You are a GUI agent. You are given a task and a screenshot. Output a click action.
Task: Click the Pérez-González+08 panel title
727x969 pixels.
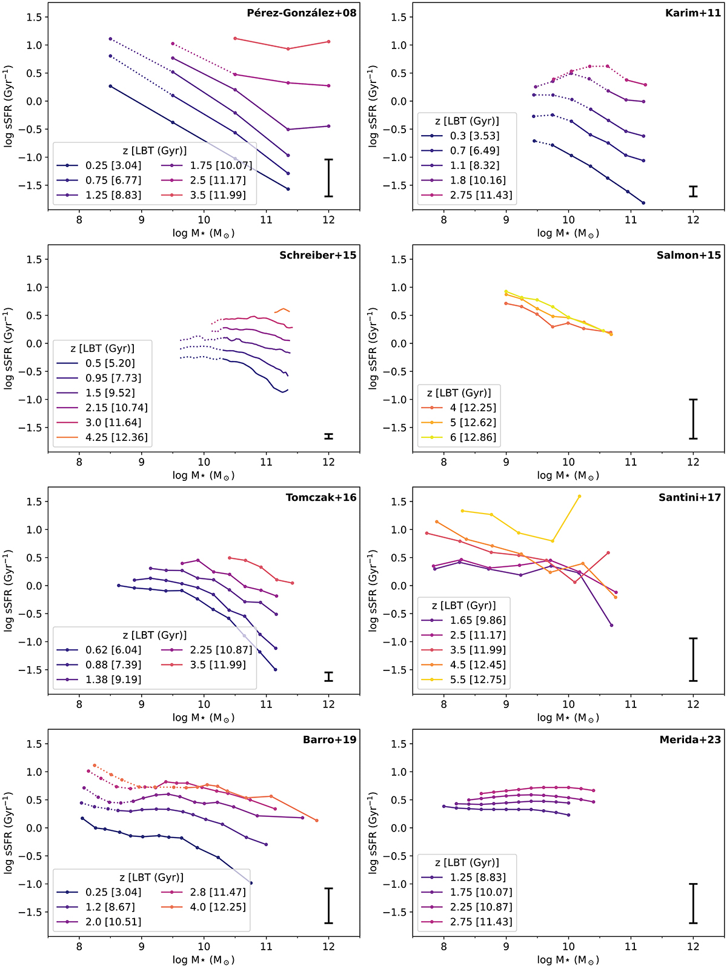301,13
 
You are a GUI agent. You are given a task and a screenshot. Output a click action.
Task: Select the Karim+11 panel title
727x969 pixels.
692,13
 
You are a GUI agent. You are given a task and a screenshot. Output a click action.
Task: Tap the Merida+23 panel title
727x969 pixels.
690,739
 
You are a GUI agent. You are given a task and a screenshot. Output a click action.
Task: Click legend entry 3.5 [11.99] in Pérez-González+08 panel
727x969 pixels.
221,195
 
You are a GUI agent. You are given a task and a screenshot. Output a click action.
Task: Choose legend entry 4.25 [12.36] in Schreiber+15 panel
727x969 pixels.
116,437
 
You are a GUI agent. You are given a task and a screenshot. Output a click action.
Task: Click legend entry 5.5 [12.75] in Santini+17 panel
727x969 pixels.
477,680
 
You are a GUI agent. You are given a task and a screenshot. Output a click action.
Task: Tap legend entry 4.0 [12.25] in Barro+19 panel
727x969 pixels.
221,907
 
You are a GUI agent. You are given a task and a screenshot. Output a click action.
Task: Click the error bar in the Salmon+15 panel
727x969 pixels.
693,418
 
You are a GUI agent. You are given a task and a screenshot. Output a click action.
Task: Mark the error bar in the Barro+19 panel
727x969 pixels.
328,905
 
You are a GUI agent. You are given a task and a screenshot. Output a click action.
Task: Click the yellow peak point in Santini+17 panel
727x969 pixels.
579,496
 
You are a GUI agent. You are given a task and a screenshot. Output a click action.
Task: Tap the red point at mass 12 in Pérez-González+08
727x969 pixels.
328,41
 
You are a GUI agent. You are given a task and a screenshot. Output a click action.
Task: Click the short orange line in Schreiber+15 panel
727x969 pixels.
282,310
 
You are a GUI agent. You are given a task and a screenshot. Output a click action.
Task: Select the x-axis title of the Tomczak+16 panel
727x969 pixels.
204,718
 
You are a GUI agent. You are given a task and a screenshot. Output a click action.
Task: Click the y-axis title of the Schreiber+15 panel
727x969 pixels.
9,348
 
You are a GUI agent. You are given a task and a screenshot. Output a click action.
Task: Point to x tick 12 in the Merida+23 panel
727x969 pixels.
693,947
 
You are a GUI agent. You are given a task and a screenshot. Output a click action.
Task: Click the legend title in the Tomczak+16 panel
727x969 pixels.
154,635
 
